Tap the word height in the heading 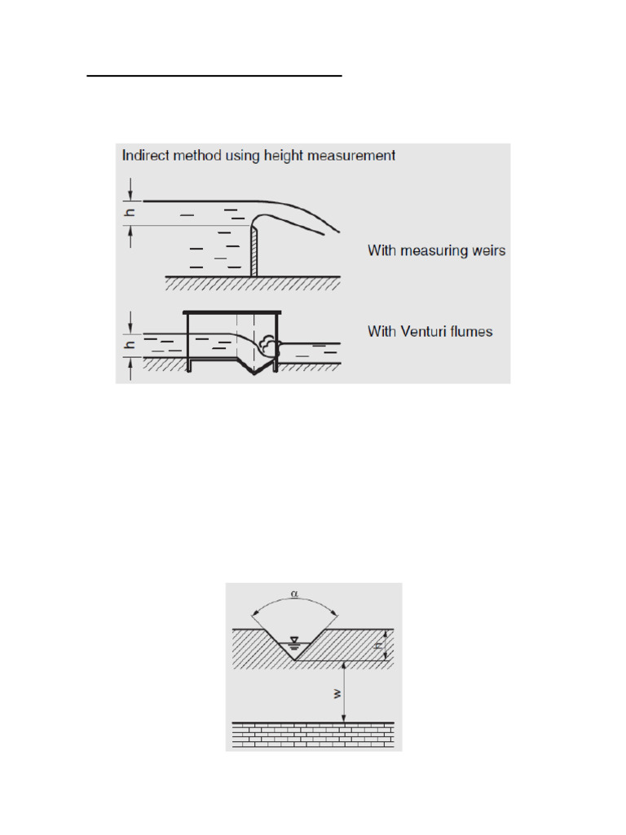[x=295, y=155]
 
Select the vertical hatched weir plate [x=254, y=252]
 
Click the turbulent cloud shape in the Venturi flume [x=268, y=346]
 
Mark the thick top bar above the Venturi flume [x=232, y=312]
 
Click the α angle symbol [x=294, y=594]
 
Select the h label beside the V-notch [x=379, y=646]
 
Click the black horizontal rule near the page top [x=214, y=76]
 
